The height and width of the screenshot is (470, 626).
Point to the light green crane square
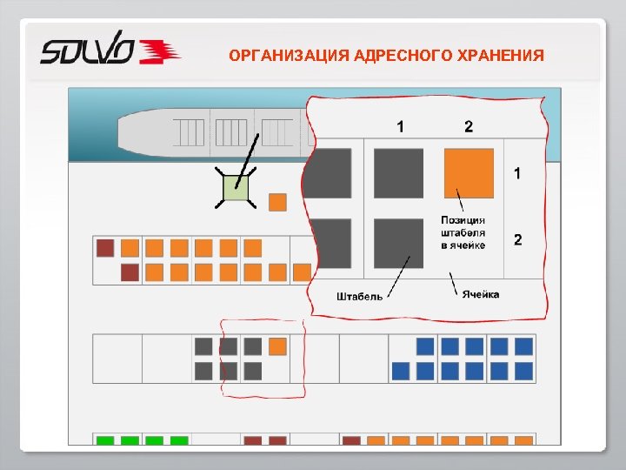[236, 188]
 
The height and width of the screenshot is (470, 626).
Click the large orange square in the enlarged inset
[469, 172]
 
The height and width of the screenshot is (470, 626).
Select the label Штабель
[359, 297]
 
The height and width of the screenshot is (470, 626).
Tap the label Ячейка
[481, 294]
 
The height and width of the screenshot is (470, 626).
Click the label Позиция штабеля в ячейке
[463, 233]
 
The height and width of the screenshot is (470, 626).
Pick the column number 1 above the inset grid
[400, 127]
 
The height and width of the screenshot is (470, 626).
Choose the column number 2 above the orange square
[469, 127]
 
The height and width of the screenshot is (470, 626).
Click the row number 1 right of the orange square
[518, 173]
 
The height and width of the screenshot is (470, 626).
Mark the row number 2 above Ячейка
[518, 239]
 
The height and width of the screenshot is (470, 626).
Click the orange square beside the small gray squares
[277, 346]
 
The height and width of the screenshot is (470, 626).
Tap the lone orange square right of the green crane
[277, 202]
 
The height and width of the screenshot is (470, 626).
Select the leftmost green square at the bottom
[105, 441]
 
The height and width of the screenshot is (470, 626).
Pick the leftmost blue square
[401, 371]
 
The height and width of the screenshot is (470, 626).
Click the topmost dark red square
[105, 248]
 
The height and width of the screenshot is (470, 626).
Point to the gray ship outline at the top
[209, 132]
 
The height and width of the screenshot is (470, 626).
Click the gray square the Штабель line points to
[399, 243]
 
